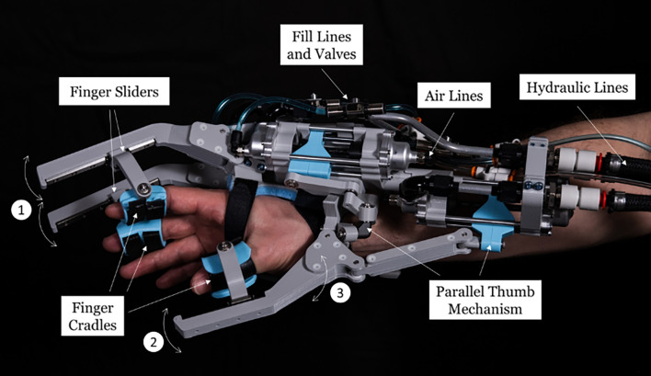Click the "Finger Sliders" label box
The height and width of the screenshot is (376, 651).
point(114,91)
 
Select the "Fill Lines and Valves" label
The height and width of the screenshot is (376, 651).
point(321,45)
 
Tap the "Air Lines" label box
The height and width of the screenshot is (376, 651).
point(454,96)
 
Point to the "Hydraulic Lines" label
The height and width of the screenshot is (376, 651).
point(577,87)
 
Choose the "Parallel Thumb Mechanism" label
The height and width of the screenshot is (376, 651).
point(485,300)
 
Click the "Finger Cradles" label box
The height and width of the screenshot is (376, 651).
point(92,316)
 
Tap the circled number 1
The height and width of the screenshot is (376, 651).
point(21,210)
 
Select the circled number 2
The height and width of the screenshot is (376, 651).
point(154,342)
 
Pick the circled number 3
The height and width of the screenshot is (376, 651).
point(340,292)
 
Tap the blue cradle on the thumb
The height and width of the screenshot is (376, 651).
point(227,269)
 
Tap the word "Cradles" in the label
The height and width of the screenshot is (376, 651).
point(92,325)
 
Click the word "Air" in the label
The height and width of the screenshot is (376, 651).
point(434,96)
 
